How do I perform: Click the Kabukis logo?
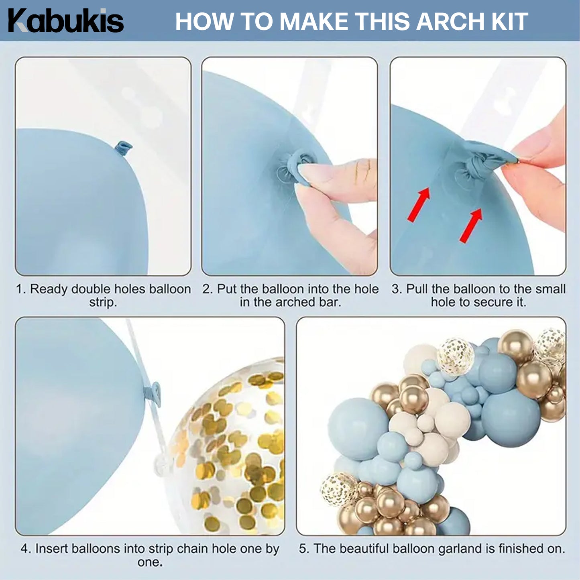(x=66, y=21)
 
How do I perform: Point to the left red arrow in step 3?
(x=419, y=205)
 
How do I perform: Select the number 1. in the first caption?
(x=21, y=289)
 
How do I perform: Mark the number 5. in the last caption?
(x=304, y=549)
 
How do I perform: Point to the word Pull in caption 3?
(x=417, y=289)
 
